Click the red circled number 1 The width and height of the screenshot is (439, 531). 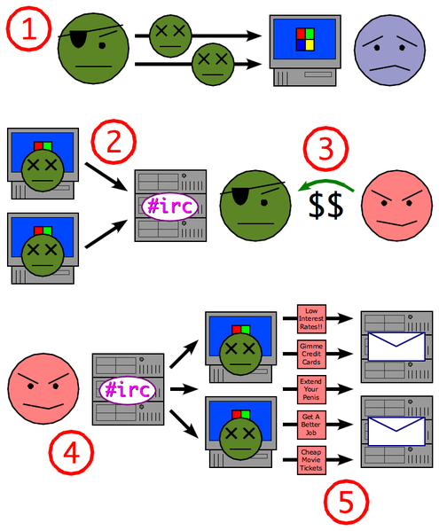pyautogui.click(x=28, y=28)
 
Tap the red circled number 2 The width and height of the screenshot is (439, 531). pyautogui.click(x=114, y=142)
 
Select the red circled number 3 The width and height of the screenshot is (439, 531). pyautogui.click(x=325, y=149)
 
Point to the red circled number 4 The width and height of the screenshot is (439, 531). pyautogui.click(x=71, y=452)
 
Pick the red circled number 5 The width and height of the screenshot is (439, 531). pyautogui.click(x=346, y=502)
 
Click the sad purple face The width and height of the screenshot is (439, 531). pyautogui.click(x=389, y=50)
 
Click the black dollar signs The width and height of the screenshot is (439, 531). pyautogui.click(x=325, y=205)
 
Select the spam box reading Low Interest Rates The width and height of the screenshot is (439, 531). pyautogui.click(x=311, y=318)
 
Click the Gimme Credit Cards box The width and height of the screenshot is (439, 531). pyautogui.click(x=311, y=354)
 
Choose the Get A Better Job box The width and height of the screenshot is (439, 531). pyautogui.click(x=311, y=425)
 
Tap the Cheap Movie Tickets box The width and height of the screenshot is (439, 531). pyautogui.click(x=311, y=460)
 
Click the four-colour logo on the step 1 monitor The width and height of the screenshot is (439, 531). pyautogui.click(x=305, y=40)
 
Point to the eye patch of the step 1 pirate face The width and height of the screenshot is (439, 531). pyautogui.click(x=79, y=39)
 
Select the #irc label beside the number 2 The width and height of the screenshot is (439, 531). pyautogui.click(x=169, y=207)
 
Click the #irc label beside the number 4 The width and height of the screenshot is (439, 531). pyautogui.click(x=128, y=390)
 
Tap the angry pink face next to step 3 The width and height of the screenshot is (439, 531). pyautogui.click(x=396, y=206)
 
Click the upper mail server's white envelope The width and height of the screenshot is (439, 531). pyautogui.click(x=396, y=347)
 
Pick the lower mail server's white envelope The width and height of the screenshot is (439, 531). pyautogui.click(x=396, y=431)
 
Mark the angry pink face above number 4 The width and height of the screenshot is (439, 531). pyautogui.click(x=43, y=389)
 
